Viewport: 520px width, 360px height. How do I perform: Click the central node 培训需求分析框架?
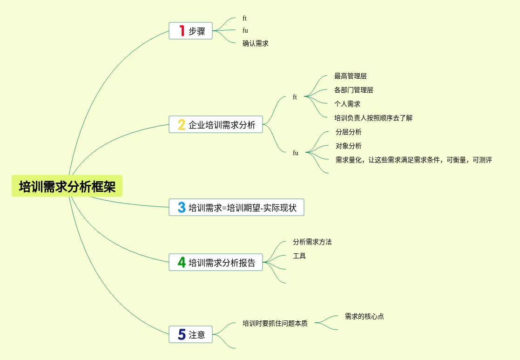(x=67, y=186)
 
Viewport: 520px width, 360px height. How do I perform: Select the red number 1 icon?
(x=182, y=31)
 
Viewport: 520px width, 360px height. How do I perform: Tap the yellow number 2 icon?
(x=182, y=125)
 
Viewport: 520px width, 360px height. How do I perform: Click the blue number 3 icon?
(x=182, y=207)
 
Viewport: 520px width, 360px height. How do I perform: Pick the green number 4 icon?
(x=182, y=262)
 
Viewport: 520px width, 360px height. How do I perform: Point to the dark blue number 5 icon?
(x=182, y=334)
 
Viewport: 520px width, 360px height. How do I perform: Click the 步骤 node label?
(x=197, y=31)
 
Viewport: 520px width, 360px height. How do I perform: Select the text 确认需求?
(x=255, y=43)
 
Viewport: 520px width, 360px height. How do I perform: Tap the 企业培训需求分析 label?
(x=222, y=125)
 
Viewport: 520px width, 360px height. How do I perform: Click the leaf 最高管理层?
(x=350, y=76)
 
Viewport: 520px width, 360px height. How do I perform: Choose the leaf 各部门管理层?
(x=353, y=90)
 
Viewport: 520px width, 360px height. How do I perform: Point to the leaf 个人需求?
(x=347, y=104)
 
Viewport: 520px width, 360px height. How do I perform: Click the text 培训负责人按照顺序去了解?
(x=373, y=118)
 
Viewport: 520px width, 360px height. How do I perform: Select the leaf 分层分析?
(x=348, y=132)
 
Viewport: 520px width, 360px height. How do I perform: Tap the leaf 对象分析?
(x=348, y=146)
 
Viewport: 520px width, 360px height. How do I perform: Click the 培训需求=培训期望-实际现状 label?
(x=243, y=207)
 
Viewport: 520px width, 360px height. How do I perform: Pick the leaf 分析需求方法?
(x=312, y=242)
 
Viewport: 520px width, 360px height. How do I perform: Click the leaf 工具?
(x=299, y=256)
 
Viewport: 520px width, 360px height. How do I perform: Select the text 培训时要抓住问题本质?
(x=275, y=323)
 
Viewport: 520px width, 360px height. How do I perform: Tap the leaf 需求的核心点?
(x=364, y=316)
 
